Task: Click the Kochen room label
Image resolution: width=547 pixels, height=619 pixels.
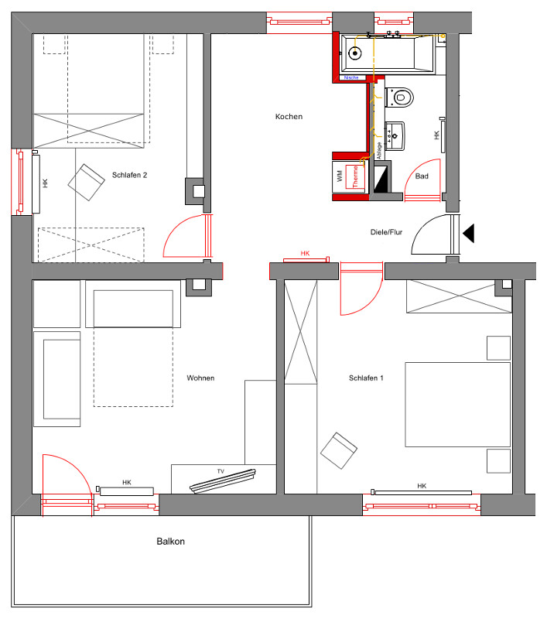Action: [x=289, y=117]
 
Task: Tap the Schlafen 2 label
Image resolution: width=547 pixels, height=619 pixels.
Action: [x=129, y=175]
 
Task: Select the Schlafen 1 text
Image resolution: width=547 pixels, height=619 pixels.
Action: [x=366, y=378]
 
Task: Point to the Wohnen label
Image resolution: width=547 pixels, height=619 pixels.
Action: [x=200, y=378]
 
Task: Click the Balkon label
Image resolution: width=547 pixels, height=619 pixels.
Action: [x=170, y=541]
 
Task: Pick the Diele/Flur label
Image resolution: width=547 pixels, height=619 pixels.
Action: [x=386, y=232]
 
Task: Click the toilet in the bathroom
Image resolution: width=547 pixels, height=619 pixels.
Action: [x=399, y=97]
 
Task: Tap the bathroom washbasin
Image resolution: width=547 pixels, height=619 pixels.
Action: [x=395, y=136]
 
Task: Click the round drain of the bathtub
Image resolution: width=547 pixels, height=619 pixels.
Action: [x=355, y=53]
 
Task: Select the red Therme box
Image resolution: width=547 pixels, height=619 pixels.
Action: [x=355, y=177]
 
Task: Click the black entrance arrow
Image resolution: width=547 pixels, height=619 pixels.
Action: [x=468, y=233]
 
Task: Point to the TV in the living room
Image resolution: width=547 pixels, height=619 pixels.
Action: [x=223, y=480]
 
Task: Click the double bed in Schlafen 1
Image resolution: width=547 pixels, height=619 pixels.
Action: [x=458, y=405]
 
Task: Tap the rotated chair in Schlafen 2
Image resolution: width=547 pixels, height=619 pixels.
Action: [x=87, y=183]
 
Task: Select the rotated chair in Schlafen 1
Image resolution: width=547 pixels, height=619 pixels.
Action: [x=339, y=450]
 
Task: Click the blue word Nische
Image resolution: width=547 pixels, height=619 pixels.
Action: [x=351, y=78]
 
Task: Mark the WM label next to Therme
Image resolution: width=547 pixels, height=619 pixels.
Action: [x=340, y=176]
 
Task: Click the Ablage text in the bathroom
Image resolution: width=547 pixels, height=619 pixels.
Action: [x=379, y=151]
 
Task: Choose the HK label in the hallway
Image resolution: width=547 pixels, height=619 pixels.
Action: [x=305, y=254]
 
